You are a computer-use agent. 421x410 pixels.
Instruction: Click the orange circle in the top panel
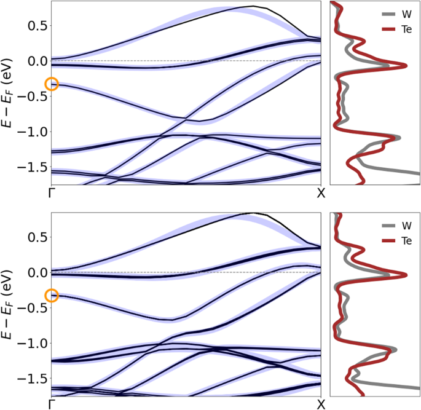[52, 85]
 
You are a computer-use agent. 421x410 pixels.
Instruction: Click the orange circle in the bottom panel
[52, 296]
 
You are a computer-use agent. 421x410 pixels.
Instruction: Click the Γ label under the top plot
[52, 194]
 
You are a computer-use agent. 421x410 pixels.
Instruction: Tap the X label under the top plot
[320, 194]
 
